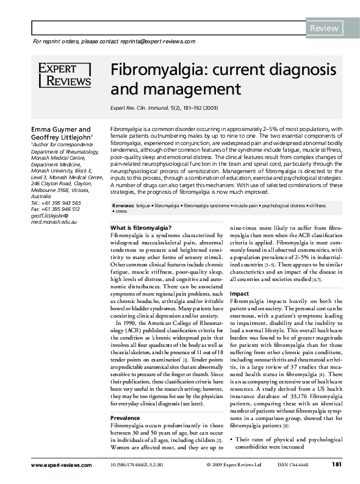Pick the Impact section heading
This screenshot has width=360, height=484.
click(239, 293)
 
